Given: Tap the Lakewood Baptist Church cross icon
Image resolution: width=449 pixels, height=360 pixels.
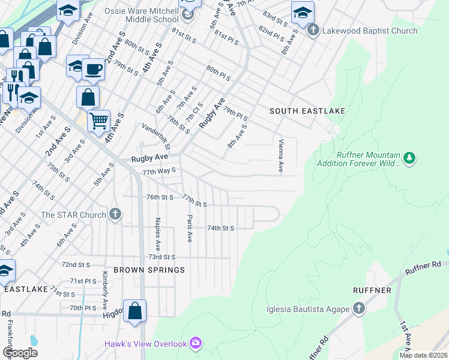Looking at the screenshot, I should (x=312, y=30).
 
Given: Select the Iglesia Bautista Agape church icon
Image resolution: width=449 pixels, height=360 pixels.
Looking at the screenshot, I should (x=359, y=309).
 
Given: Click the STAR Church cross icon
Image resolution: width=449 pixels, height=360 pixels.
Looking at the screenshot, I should (x=115, y=214).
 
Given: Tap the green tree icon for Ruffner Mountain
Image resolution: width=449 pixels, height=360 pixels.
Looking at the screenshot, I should (x=409, y=158).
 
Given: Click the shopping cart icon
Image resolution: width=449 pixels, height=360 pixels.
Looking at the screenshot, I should (x=98, y=120).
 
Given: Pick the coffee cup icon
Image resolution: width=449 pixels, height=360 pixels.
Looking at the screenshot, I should (x=94, y=68).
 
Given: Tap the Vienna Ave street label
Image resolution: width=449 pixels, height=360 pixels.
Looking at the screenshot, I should (x=280, y=156).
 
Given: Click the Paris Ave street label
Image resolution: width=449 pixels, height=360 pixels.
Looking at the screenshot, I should (x=189, y=228).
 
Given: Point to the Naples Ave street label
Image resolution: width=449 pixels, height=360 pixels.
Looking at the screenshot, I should (x=158, y=233).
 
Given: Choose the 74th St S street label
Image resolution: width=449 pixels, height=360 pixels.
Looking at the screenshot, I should (x=220, y=229).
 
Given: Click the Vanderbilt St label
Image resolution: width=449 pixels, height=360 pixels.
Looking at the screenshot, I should (x=156, y=137).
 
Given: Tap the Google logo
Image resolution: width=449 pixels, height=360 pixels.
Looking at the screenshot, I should (x=20, y=353).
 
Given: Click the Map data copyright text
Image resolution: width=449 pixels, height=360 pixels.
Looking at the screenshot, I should (x=423, y=355).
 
